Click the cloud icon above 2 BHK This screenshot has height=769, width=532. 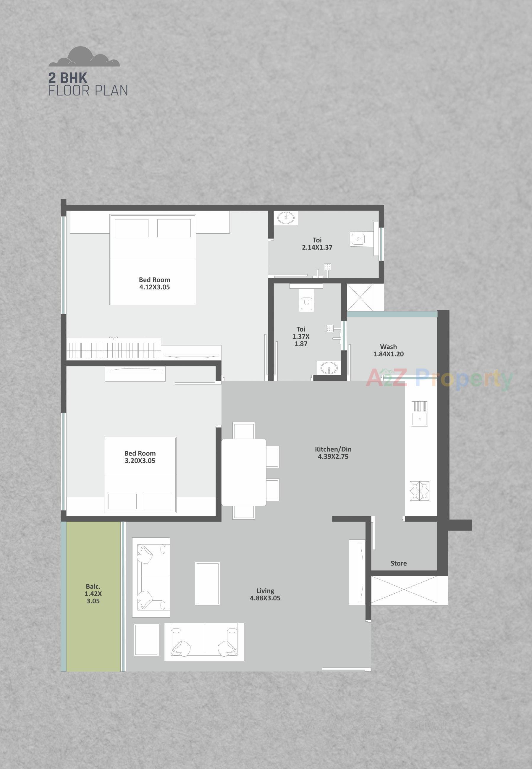(84, 57)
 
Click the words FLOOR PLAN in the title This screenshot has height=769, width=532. (88, 91)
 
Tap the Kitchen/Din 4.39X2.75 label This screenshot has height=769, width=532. (333, 453)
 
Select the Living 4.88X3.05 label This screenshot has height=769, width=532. (265, 594)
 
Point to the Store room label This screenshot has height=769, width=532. (398, 563)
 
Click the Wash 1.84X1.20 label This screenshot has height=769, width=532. (388, 350)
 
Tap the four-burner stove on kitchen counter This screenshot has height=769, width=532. (419, 491)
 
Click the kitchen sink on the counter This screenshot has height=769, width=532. (419, 414)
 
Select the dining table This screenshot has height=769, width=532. (244, 472)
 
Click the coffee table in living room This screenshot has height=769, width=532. (207, 583)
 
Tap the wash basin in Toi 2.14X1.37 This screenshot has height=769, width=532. (286, 218)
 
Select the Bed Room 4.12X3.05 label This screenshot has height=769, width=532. (154, 283)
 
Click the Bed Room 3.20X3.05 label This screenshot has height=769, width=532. (140, 457)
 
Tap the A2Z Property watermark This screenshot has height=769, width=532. (439, 379)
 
